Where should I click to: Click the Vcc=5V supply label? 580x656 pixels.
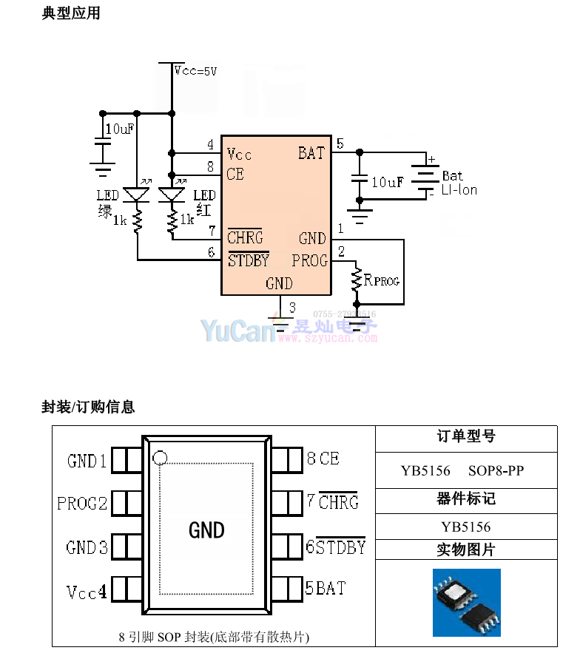pos(195,71)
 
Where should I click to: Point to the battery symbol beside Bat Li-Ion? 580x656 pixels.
pos(425,177)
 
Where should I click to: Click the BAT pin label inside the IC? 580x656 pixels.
pos(311,153)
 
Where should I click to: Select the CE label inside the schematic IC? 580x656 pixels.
pos(235,174)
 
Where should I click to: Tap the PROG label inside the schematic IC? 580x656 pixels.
pos(309,260)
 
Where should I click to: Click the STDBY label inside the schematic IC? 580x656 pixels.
pos(248,260)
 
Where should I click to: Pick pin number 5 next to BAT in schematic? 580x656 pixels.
pos(340,143)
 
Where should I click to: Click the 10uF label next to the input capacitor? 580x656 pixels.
pos(120,129)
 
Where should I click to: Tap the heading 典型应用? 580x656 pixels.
pos(71,13)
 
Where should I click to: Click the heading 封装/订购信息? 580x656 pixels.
pos(88,407)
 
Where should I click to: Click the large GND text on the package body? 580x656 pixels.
pos(206,530)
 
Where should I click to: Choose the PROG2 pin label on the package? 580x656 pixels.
pos(82,504)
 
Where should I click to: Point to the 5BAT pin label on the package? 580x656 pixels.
pos(326,589)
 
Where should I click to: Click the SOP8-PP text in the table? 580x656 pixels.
pos(496,470)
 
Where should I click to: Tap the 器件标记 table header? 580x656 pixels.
pos(466,499)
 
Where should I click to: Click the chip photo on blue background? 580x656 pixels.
pos(467,602)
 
